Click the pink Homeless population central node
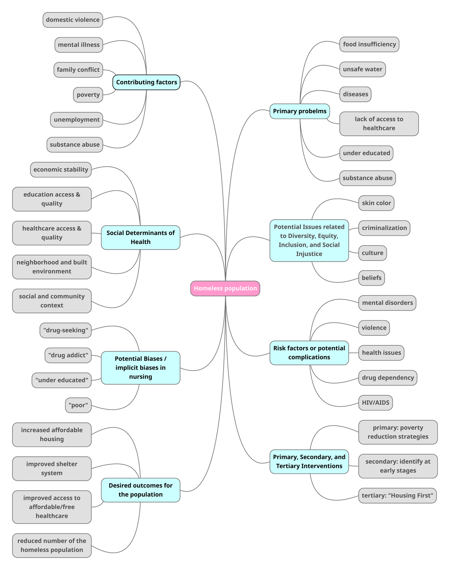[225, 288]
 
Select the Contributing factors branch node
[146, 82]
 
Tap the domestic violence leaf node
[73, 20]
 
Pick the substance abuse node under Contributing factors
[75, 144]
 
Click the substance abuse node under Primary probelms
[367, 178]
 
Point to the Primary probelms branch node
[300, 111]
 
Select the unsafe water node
[362, 69]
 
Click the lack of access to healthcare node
[379, 123]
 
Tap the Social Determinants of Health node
[140, 237]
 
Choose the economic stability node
[61, 170]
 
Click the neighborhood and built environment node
[52, 267]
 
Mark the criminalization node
[384, 228]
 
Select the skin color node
[376, 203]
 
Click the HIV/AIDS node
[375, 403]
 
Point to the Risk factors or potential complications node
[309, 353]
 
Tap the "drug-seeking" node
[66, 330]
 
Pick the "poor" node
[78, 405]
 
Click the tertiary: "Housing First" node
[397, 495]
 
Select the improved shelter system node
[52, 468]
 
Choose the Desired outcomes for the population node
[140, 490]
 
